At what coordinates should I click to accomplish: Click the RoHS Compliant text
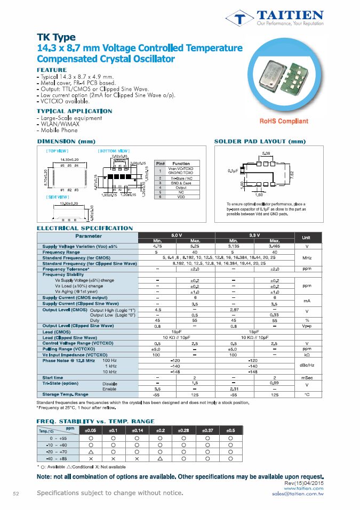[284, 122]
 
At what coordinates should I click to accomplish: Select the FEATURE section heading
[52, 70]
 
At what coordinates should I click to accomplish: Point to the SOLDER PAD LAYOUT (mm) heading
[260, 142]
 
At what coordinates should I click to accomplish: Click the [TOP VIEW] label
[57, 151]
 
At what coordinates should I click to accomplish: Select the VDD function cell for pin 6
[181, 197]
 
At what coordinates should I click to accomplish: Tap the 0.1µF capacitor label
[233, 171]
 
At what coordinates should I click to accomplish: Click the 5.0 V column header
[177, 235]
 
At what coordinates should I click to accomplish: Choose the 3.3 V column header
[253, 235]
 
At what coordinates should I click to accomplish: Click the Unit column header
[307, 238]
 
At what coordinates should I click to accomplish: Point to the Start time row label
[53, 377]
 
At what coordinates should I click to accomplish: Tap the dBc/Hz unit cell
[307, 366]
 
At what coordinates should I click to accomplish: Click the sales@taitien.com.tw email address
[298, 493]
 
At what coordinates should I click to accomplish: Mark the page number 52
[16, 493]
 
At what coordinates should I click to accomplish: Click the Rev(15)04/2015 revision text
[305, 482]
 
